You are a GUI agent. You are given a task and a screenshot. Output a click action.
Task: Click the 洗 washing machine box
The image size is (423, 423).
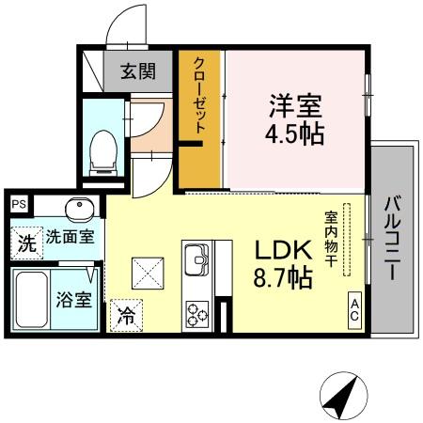27,243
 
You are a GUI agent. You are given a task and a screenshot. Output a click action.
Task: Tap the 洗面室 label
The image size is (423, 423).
70,238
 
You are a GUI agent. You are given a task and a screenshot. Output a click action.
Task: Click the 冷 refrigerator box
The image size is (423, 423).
125,316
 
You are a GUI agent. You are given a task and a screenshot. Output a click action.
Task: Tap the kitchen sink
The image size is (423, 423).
198,257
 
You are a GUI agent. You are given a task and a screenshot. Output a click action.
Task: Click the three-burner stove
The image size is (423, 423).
198,313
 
